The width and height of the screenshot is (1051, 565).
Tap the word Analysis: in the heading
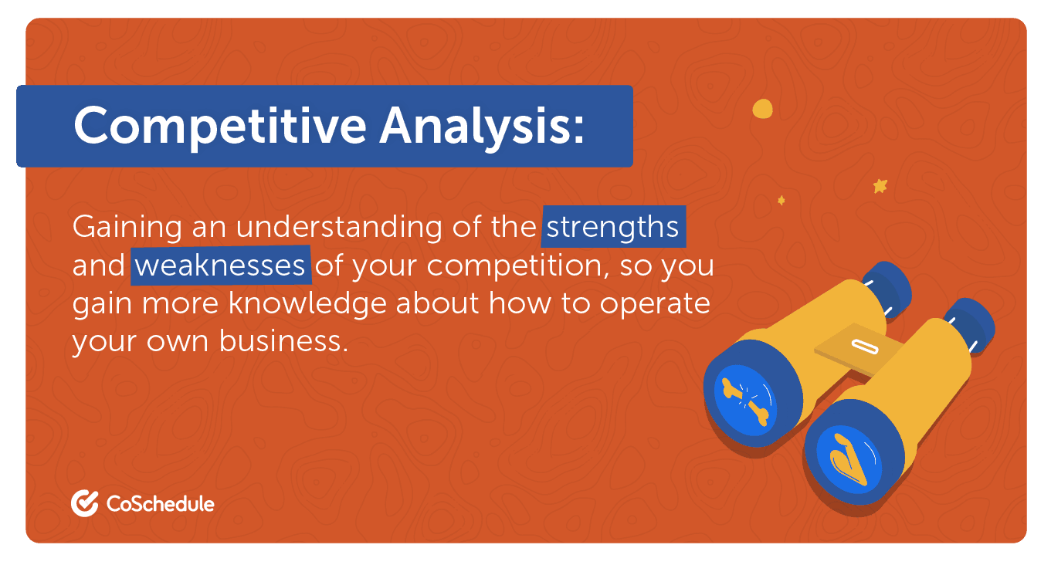(x=481, y=126)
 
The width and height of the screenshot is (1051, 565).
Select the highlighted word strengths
(x=613, y=228)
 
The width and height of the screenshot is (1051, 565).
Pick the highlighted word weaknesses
(x=221, y=266)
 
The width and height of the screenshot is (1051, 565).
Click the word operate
(x=656, y=303)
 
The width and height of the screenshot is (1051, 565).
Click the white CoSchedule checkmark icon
(x=84, y=503)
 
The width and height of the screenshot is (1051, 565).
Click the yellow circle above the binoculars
(x=762, y=109)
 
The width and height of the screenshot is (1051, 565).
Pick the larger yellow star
(x=880, y=186)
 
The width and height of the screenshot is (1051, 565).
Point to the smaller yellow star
(x=781, y=201)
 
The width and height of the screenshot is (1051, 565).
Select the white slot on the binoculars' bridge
(x=859, y=345)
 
